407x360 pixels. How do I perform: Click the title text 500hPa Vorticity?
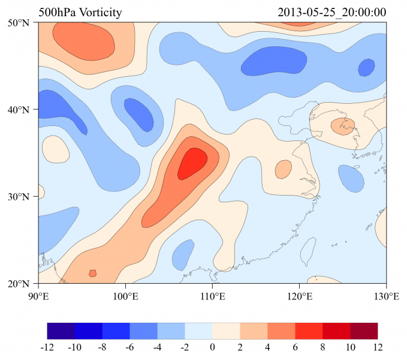tap(80, 13)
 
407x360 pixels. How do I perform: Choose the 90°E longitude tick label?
tap(38, 295)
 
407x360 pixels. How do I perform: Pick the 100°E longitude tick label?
tap(125, 295)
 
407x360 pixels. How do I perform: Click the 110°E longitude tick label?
tap(212, 295)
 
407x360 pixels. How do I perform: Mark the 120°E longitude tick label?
tap(299, 295)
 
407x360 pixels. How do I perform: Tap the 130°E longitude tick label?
tap(386, 295)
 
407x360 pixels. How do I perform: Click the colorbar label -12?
tap(47, 347)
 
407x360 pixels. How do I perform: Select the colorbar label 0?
tap(212, 347)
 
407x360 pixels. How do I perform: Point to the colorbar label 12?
tap(378, 347)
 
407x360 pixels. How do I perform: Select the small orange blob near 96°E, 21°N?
tap(92, 274)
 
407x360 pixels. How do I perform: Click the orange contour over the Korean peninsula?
tap(343, 127)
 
